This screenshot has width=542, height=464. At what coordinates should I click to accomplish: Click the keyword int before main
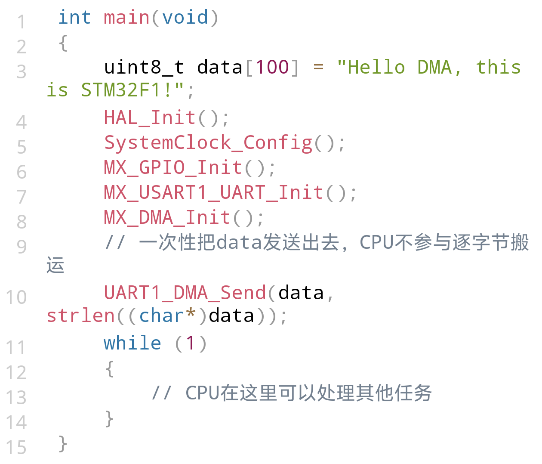click(x=75, y=17)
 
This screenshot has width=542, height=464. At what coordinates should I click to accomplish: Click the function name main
click(x=126, y=17)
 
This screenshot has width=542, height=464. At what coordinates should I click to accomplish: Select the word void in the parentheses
click(x=185, y=17)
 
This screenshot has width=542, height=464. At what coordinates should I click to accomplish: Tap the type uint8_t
click(x=144, y=68)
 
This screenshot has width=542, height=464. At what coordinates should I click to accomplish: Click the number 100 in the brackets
click(x=272, y=67)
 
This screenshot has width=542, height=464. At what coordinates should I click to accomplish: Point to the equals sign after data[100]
click(x=318, y=67)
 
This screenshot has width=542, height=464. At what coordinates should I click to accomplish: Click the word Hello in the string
click(x=376, y=67)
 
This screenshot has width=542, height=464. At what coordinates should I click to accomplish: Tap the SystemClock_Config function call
click(x=208, y=143)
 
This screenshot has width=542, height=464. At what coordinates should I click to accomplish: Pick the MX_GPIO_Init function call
click(x=173, y=168)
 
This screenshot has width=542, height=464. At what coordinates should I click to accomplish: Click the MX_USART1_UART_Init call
click(x=214, y=193)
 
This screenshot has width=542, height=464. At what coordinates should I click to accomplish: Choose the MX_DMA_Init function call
click(x=167, y=217)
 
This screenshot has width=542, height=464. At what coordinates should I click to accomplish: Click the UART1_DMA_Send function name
click(x=185, y=293)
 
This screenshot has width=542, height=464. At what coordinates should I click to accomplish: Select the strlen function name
click(x=81, y=316)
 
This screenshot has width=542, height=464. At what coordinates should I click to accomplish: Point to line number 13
click(x=16, y=398)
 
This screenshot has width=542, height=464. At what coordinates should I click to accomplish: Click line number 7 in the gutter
click(x=22, y=197)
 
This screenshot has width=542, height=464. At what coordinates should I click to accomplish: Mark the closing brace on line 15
click(x=63, y=444)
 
